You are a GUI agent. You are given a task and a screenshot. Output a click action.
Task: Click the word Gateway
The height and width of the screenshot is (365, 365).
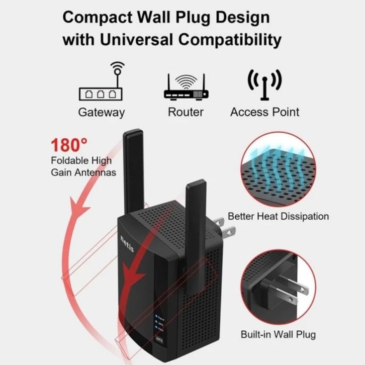[x=101, y=112]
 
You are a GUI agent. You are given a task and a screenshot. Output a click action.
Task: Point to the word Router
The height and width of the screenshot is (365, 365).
[x=186, y=112]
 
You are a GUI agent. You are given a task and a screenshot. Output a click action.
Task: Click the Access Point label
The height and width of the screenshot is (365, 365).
[x=264, y=112]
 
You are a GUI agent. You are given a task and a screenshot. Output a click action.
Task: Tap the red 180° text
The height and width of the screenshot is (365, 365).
[x=69, y=146]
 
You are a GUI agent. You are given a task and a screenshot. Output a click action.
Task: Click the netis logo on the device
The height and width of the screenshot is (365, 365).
[x=125, y=242]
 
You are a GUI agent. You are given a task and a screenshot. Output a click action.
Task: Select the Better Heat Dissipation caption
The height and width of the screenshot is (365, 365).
[x=278, y=217]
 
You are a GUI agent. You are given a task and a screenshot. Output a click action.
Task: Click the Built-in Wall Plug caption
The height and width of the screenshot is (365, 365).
[x=278, y=334]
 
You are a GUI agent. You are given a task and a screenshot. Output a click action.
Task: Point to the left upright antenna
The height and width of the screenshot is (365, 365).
[x=133, y=171]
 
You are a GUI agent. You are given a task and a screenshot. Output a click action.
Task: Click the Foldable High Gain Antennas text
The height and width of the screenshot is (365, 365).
[x=83, y=166]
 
